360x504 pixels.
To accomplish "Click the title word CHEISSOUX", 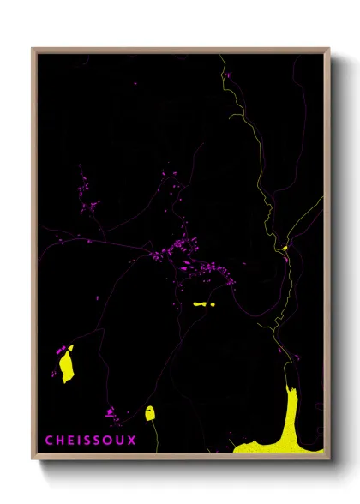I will (x=90, y=441).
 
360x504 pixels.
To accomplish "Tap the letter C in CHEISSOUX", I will (x=49, y=441).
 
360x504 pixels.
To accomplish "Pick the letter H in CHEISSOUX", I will (x=59, y=441).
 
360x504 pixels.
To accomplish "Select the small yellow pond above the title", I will (x=150, y=413).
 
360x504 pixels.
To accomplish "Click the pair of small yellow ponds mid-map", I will (x=204, y=304).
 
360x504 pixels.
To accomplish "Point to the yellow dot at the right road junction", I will (x=285, y=249).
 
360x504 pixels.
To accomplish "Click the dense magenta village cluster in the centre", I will (x=193, y=257).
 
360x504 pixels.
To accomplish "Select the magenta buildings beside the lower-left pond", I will (x=61, y=351).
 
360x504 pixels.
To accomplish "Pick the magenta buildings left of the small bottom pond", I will (x=111, y=412).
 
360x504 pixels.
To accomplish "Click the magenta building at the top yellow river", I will (x=228, y=75).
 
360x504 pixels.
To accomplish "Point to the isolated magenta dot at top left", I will (x=135, y=83).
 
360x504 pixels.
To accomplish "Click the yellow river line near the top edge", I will (x=225, y=64).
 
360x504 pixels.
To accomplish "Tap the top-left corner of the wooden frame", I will (x=33, y=50).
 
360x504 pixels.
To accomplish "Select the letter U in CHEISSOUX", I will (x=121, y=441).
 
